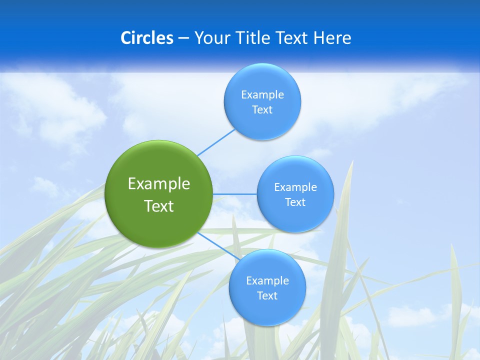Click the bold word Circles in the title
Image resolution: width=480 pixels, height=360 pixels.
click(146, 38)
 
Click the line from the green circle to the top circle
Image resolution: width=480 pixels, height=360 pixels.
click(216, 142)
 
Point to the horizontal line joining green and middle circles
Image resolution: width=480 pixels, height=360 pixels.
click(235, 193)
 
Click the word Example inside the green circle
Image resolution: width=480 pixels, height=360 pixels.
click(159, 184)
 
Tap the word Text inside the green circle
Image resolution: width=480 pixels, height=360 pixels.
click(159, 206)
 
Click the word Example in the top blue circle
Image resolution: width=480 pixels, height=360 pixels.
click(262, 95)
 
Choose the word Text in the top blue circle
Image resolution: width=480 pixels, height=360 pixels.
click(262, 110)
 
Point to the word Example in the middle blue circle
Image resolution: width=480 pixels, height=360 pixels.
click(295, 187)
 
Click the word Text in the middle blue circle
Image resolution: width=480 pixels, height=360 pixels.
click(295, 202)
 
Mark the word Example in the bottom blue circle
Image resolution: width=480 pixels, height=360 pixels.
click(267, 281)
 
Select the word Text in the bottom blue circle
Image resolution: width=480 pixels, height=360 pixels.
click(267, 296)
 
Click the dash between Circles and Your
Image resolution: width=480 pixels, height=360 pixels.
click(183, 38)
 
